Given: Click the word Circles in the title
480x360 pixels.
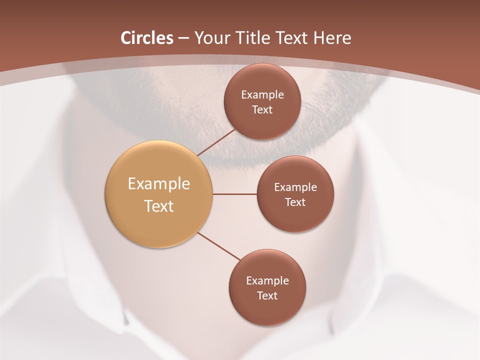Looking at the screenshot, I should pyautogui.click(x=146, y=38).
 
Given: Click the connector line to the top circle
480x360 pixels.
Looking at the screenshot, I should pyautogui.click(x=216, y=142).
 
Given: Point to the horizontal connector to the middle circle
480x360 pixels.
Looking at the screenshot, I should pyautogui.click(x=235, y=194).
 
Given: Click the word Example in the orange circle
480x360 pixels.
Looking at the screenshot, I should pyautogui.click(x=159, y=184).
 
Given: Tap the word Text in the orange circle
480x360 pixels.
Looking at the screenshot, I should pyautogui.click(x=159, y=206).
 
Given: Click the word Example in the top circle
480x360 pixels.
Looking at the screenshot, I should pyautogui.click(x=262, y=95).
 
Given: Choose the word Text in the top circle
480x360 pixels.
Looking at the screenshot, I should pyautogui.click(x=262, y=110).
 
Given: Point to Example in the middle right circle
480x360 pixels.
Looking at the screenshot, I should pyautogui.click(x=295, y=187).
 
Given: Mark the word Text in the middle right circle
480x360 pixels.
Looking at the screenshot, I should pyautogui.click(x=295, y=202).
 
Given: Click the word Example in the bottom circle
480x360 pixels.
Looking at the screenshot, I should pyautogui.click(x=267, y=281).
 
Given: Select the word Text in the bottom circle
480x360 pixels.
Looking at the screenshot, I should pyautogui.click(x=267, y=296).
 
